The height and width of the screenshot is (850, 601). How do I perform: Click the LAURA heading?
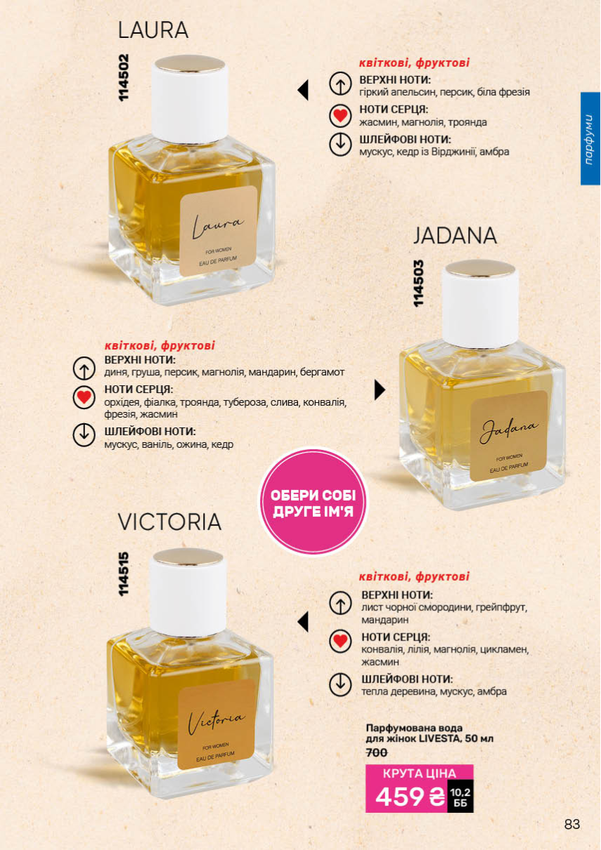[153, 30]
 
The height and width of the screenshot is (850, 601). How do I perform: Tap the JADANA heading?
[455, 236]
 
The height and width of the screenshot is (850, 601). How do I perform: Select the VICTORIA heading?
[169, 522]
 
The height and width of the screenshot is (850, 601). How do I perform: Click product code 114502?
[124, 77]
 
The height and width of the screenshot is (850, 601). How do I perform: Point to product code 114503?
[418, 283]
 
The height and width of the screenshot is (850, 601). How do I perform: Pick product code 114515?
[124, 574]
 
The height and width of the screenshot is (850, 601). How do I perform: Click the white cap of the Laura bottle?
[190, 98]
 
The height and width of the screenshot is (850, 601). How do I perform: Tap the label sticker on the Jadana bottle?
[509, 436]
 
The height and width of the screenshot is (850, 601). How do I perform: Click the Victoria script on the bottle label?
[217, 719]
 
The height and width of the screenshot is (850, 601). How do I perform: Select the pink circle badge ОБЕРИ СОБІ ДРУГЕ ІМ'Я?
[313, 502]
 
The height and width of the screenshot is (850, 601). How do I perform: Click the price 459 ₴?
[410, 797]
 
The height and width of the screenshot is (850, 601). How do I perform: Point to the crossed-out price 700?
[376, 752]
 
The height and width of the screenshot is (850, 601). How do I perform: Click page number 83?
[572, 824]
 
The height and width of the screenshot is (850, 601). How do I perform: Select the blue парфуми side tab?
[590, 139]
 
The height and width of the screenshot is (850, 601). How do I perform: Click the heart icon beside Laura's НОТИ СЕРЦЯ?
[340, 116]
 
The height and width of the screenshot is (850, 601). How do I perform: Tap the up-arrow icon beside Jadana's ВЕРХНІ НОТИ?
[84, 368]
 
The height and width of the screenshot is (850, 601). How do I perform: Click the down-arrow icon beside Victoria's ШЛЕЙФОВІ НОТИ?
[340, 685]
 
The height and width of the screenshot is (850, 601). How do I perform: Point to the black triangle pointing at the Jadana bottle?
[380, 389]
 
